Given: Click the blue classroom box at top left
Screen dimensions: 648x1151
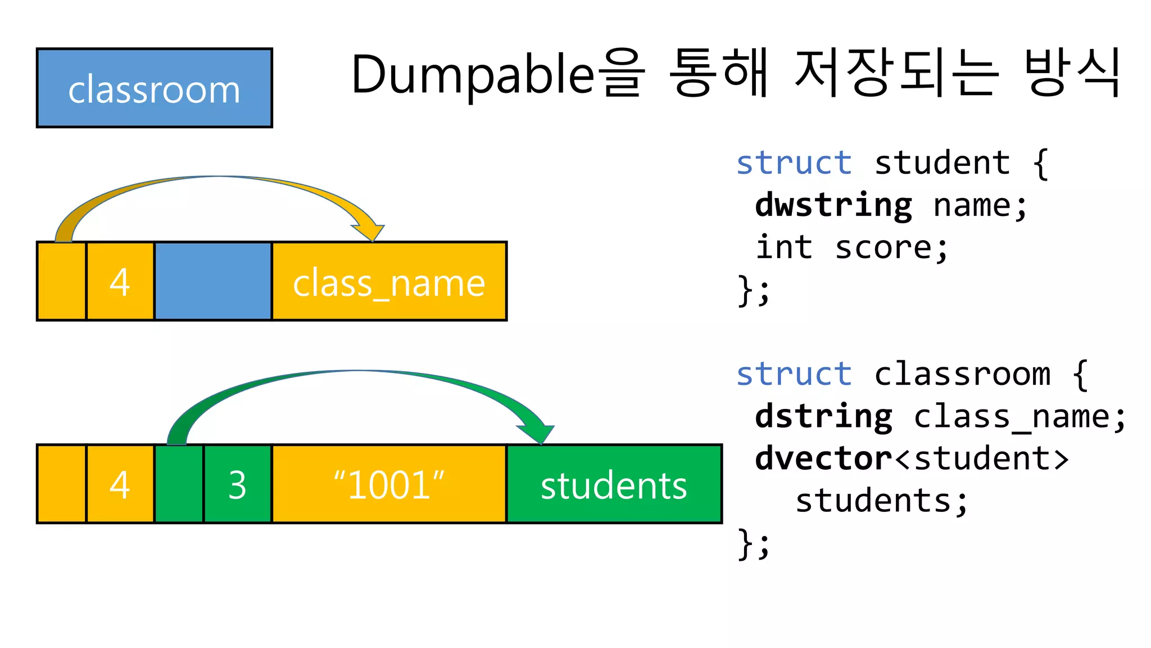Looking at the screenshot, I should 154,88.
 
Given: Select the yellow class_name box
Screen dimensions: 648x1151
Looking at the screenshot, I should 389,281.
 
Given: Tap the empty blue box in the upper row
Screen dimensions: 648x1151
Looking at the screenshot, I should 213,281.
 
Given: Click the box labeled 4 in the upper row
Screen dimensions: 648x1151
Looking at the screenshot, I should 120,281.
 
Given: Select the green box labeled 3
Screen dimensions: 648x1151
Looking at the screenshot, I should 237,484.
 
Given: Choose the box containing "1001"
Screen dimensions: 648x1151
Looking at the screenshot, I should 389,484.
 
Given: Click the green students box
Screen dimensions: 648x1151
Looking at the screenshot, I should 614,484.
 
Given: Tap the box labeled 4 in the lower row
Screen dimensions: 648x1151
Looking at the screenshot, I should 120,484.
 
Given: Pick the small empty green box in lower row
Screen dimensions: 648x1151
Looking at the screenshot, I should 179,484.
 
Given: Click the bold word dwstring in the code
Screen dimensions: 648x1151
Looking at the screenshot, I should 833,205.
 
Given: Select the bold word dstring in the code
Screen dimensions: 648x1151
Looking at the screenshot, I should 824,416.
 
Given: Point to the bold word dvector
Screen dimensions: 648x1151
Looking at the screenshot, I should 824,458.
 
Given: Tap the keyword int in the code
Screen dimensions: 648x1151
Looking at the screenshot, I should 785,247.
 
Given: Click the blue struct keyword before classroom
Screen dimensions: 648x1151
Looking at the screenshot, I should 794,374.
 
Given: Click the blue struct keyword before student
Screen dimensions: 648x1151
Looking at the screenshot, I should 794,163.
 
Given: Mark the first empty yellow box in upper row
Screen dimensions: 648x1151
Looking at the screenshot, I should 61,281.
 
